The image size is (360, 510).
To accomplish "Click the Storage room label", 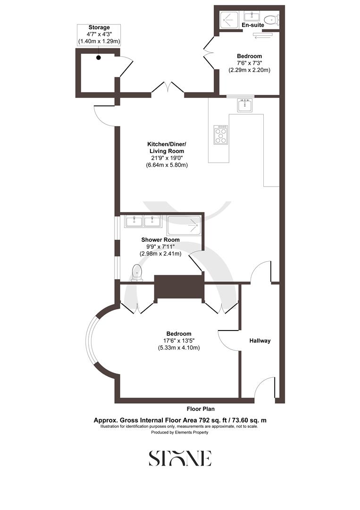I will (99, 27).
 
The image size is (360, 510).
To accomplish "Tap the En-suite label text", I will (252, 24).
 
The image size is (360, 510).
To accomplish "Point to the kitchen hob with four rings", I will (221, 134).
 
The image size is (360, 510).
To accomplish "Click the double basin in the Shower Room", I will (143, 221).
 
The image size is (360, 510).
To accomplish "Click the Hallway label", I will (260, 340).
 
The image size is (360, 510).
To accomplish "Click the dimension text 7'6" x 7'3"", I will (249, 63).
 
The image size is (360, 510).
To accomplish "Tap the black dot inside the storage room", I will (99, 58).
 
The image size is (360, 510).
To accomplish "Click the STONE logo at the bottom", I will (180, 458).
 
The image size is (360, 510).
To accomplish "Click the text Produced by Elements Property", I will (179, 432).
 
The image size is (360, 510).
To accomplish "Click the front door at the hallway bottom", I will (262, 390).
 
